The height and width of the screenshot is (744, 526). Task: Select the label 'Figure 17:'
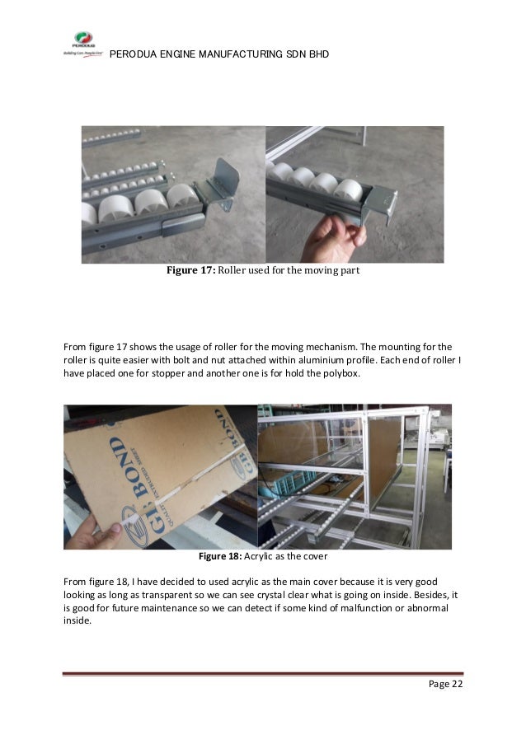tap(190, 270)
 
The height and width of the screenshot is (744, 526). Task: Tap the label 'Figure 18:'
tap(220, 556)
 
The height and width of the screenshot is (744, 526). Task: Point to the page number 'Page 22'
tap(445, 684)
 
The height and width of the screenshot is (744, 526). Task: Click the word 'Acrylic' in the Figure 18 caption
tap(259, 556)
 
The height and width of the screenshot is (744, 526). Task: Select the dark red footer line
tap(263, 673)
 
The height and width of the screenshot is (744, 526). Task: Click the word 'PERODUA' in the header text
tap(133, 54)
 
